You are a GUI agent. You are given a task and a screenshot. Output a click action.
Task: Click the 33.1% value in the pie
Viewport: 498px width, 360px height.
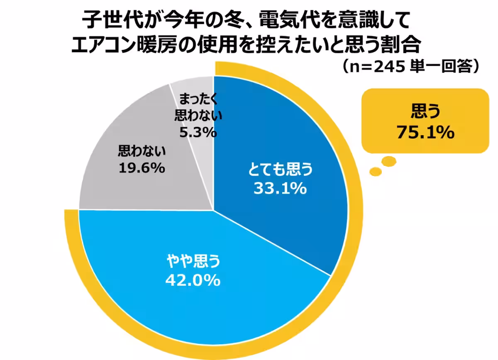pyautogui.click(x=280, y=189)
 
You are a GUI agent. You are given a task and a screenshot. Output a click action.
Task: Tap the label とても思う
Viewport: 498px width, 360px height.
pyautogui.click(x=280, y=170)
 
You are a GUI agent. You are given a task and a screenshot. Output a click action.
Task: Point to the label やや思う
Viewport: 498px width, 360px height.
pyautogui.click(x=193, y=261)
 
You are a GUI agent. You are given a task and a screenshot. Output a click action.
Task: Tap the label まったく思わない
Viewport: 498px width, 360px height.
pyautogui.click(x=198, y=107)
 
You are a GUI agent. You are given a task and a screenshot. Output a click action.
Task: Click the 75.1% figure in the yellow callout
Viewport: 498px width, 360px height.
pyautogui.click(x=425, y=133)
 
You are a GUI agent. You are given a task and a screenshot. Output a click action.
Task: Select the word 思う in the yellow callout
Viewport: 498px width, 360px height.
pyautogui.click(x=425, y=111)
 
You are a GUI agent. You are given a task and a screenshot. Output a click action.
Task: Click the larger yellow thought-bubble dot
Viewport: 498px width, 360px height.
pyautogui.click(x=389, y=161)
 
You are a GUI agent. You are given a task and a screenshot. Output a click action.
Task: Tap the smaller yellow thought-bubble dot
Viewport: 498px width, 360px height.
pyautogui.click(x=376, y=170)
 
